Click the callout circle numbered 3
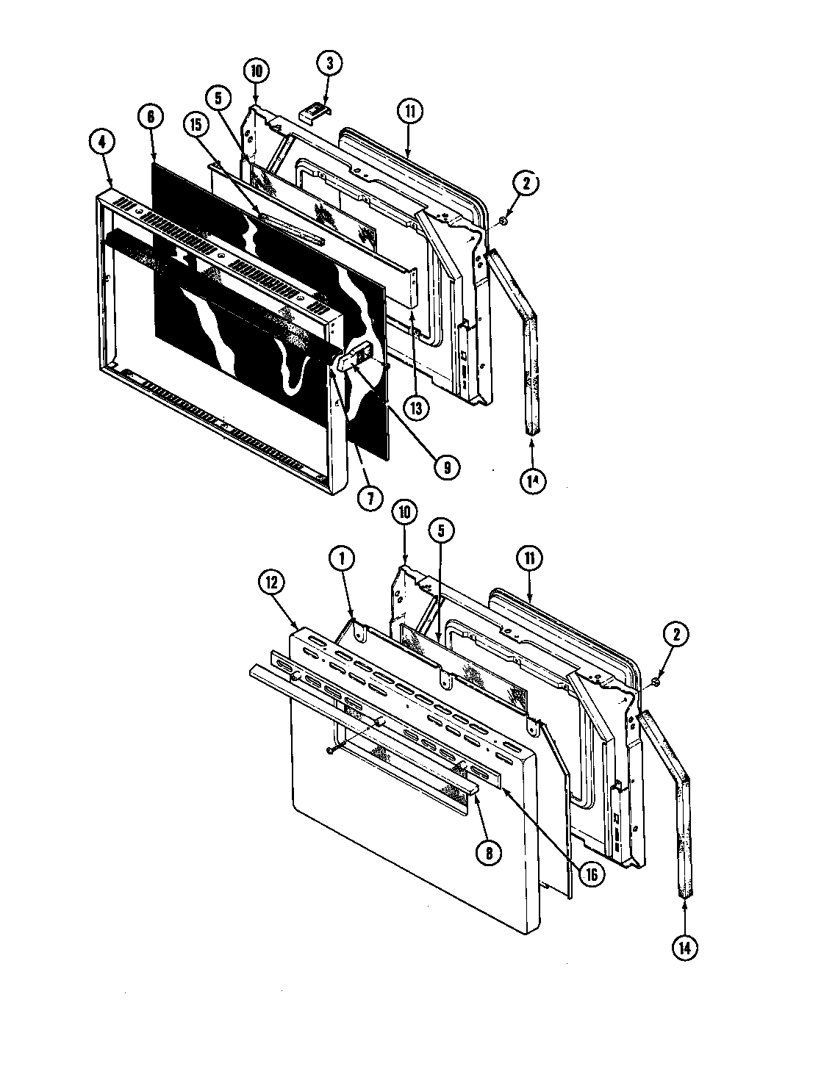pyautogui.click(x=329, y=64)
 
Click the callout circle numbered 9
pyautogui.click(x=446, y=466)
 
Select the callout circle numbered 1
pyautogui.click(x=342, y=558)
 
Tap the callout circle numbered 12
pyautogui.click(x=272, y=584)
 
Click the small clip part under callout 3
pyautogui.click(x=317, y=110)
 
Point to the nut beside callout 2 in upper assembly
pyautogui.click(x=503, y=220)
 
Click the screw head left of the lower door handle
pyautogui.click(x=329, y=749)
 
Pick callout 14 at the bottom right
pyautogui.click(x=685, y=947)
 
